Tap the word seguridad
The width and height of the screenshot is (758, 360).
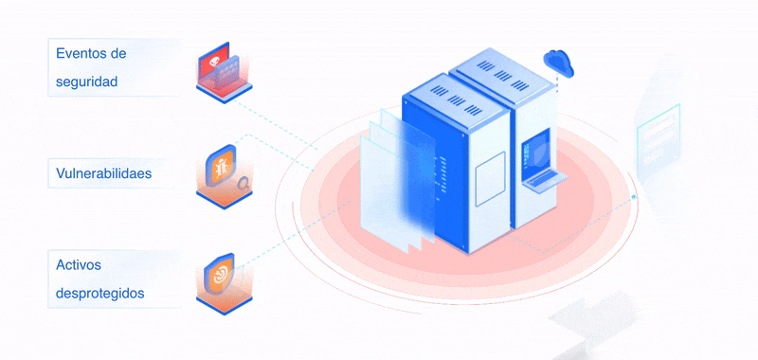click(x=87, y=81)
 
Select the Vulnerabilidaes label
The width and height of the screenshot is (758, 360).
click(x=104, y=173)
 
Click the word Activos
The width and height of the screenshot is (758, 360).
click(x=79, y=265)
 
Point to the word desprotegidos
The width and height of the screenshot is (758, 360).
click(x=100, y=294)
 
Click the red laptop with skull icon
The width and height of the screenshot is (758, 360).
click(x=224, y=72)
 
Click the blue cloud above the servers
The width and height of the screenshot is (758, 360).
click(x=558, y=62)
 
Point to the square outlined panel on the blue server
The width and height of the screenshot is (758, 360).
click(x=490, y=179)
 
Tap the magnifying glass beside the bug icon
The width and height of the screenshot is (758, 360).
click(x=244, y=184)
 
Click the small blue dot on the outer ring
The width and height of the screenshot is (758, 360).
click(x=633, y=197)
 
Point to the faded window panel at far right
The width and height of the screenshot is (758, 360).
click(x=658, y=139)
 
